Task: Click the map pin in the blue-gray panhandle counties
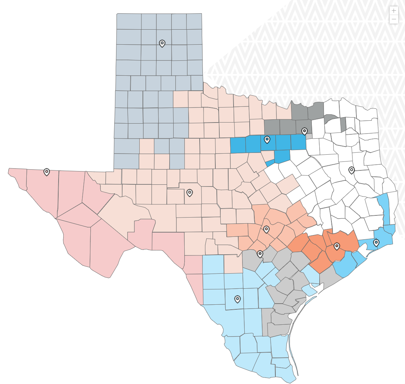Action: [x=162, y=43]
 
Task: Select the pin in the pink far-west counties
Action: [x=46, y=172]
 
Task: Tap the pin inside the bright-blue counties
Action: [x=267, y=139]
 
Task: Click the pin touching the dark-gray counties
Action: [x=304, y=131]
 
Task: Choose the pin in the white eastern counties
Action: [x=351, y=170]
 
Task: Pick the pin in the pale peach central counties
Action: [x=190, y=193]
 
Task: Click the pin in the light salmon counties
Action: [x=266, y=229]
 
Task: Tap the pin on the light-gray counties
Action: [x=260, y=254]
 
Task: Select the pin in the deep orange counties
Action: [x=336, y=246]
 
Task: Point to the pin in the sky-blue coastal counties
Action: [x=376, y=243]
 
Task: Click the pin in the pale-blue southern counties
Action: [x=237, y=299]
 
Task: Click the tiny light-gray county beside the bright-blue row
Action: [x=309, y=136]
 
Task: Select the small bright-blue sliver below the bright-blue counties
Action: [x=270, y=163]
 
